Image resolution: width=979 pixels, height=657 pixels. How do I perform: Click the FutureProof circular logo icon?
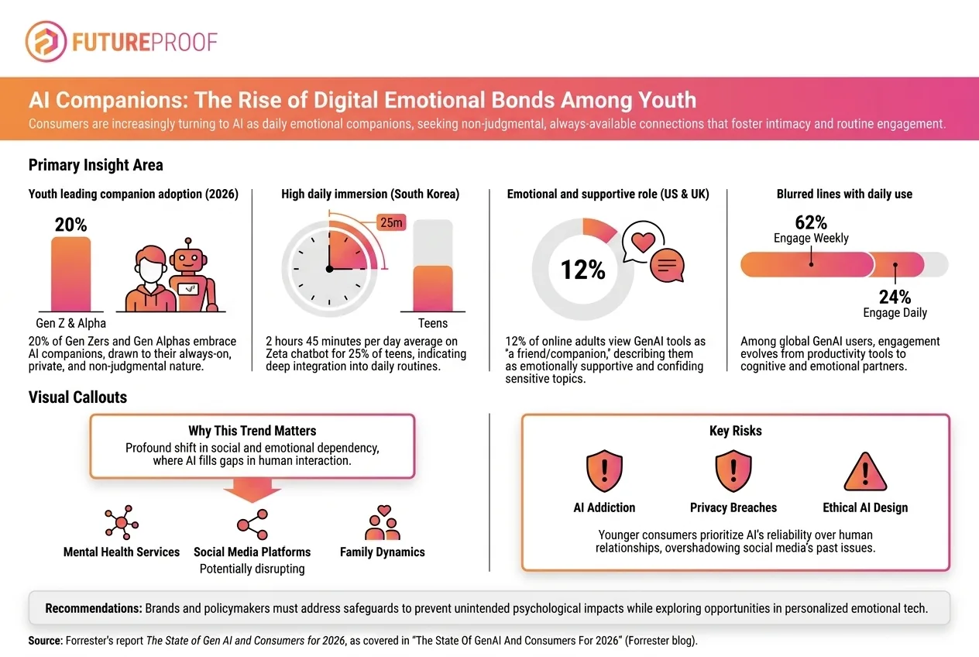pos(46,42)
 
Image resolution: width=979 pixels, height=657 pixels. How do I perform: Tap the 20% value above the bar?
pos(70,225)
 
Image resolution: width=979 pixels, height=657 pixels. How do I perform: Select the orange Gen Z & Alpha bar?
pos(70,274)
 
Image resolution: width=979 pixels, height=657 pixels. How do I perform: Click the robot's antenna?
pos(188,243)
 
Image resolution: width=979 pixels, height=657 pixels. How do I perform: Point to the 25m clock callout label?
pos(391,222)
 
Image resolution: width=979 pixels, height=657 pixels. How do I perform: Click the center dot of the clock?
pos(329,269)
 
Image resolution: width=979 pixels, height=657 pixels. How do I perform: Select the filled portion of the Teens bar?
pos(433,288)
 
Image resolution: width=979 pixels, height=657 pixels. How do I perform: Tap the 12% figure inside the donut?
pos(582,270)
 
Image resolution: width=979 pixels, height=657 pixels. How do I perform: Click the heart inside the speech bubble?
pos(643,242)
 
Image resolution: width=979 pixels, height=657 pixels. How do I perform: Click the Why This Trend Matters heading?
pos(252,431)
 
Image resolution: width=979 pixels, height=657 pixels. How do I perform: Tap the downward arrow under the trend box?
pos(252,490)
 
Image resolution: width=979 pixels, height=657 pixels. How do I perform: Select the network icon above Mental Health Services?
pos(122,522)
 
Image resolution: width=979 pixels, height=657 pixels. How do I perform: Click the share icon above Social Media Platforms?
pos(252,524)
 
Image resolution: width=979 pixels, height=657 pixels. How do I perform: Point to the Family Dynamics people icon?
pos(383,522)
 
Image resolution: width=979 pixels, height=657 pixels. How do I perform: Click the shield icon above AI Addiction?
pos(604,471)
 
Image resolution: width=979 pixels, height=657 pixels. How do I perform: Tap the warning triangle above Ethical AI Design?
pos(865,472)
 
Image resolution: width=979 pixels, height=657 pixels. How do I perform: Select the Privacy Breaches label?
pos(733,507)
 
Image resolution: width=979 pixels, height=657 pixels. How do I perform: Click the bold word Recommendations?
pos(94,608)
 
